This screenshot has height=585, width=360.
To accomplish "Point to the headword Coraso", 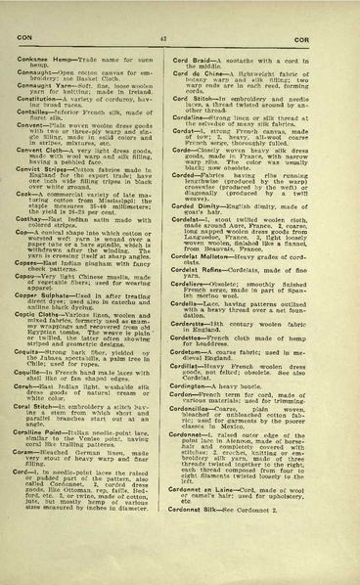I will (34, 450).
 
